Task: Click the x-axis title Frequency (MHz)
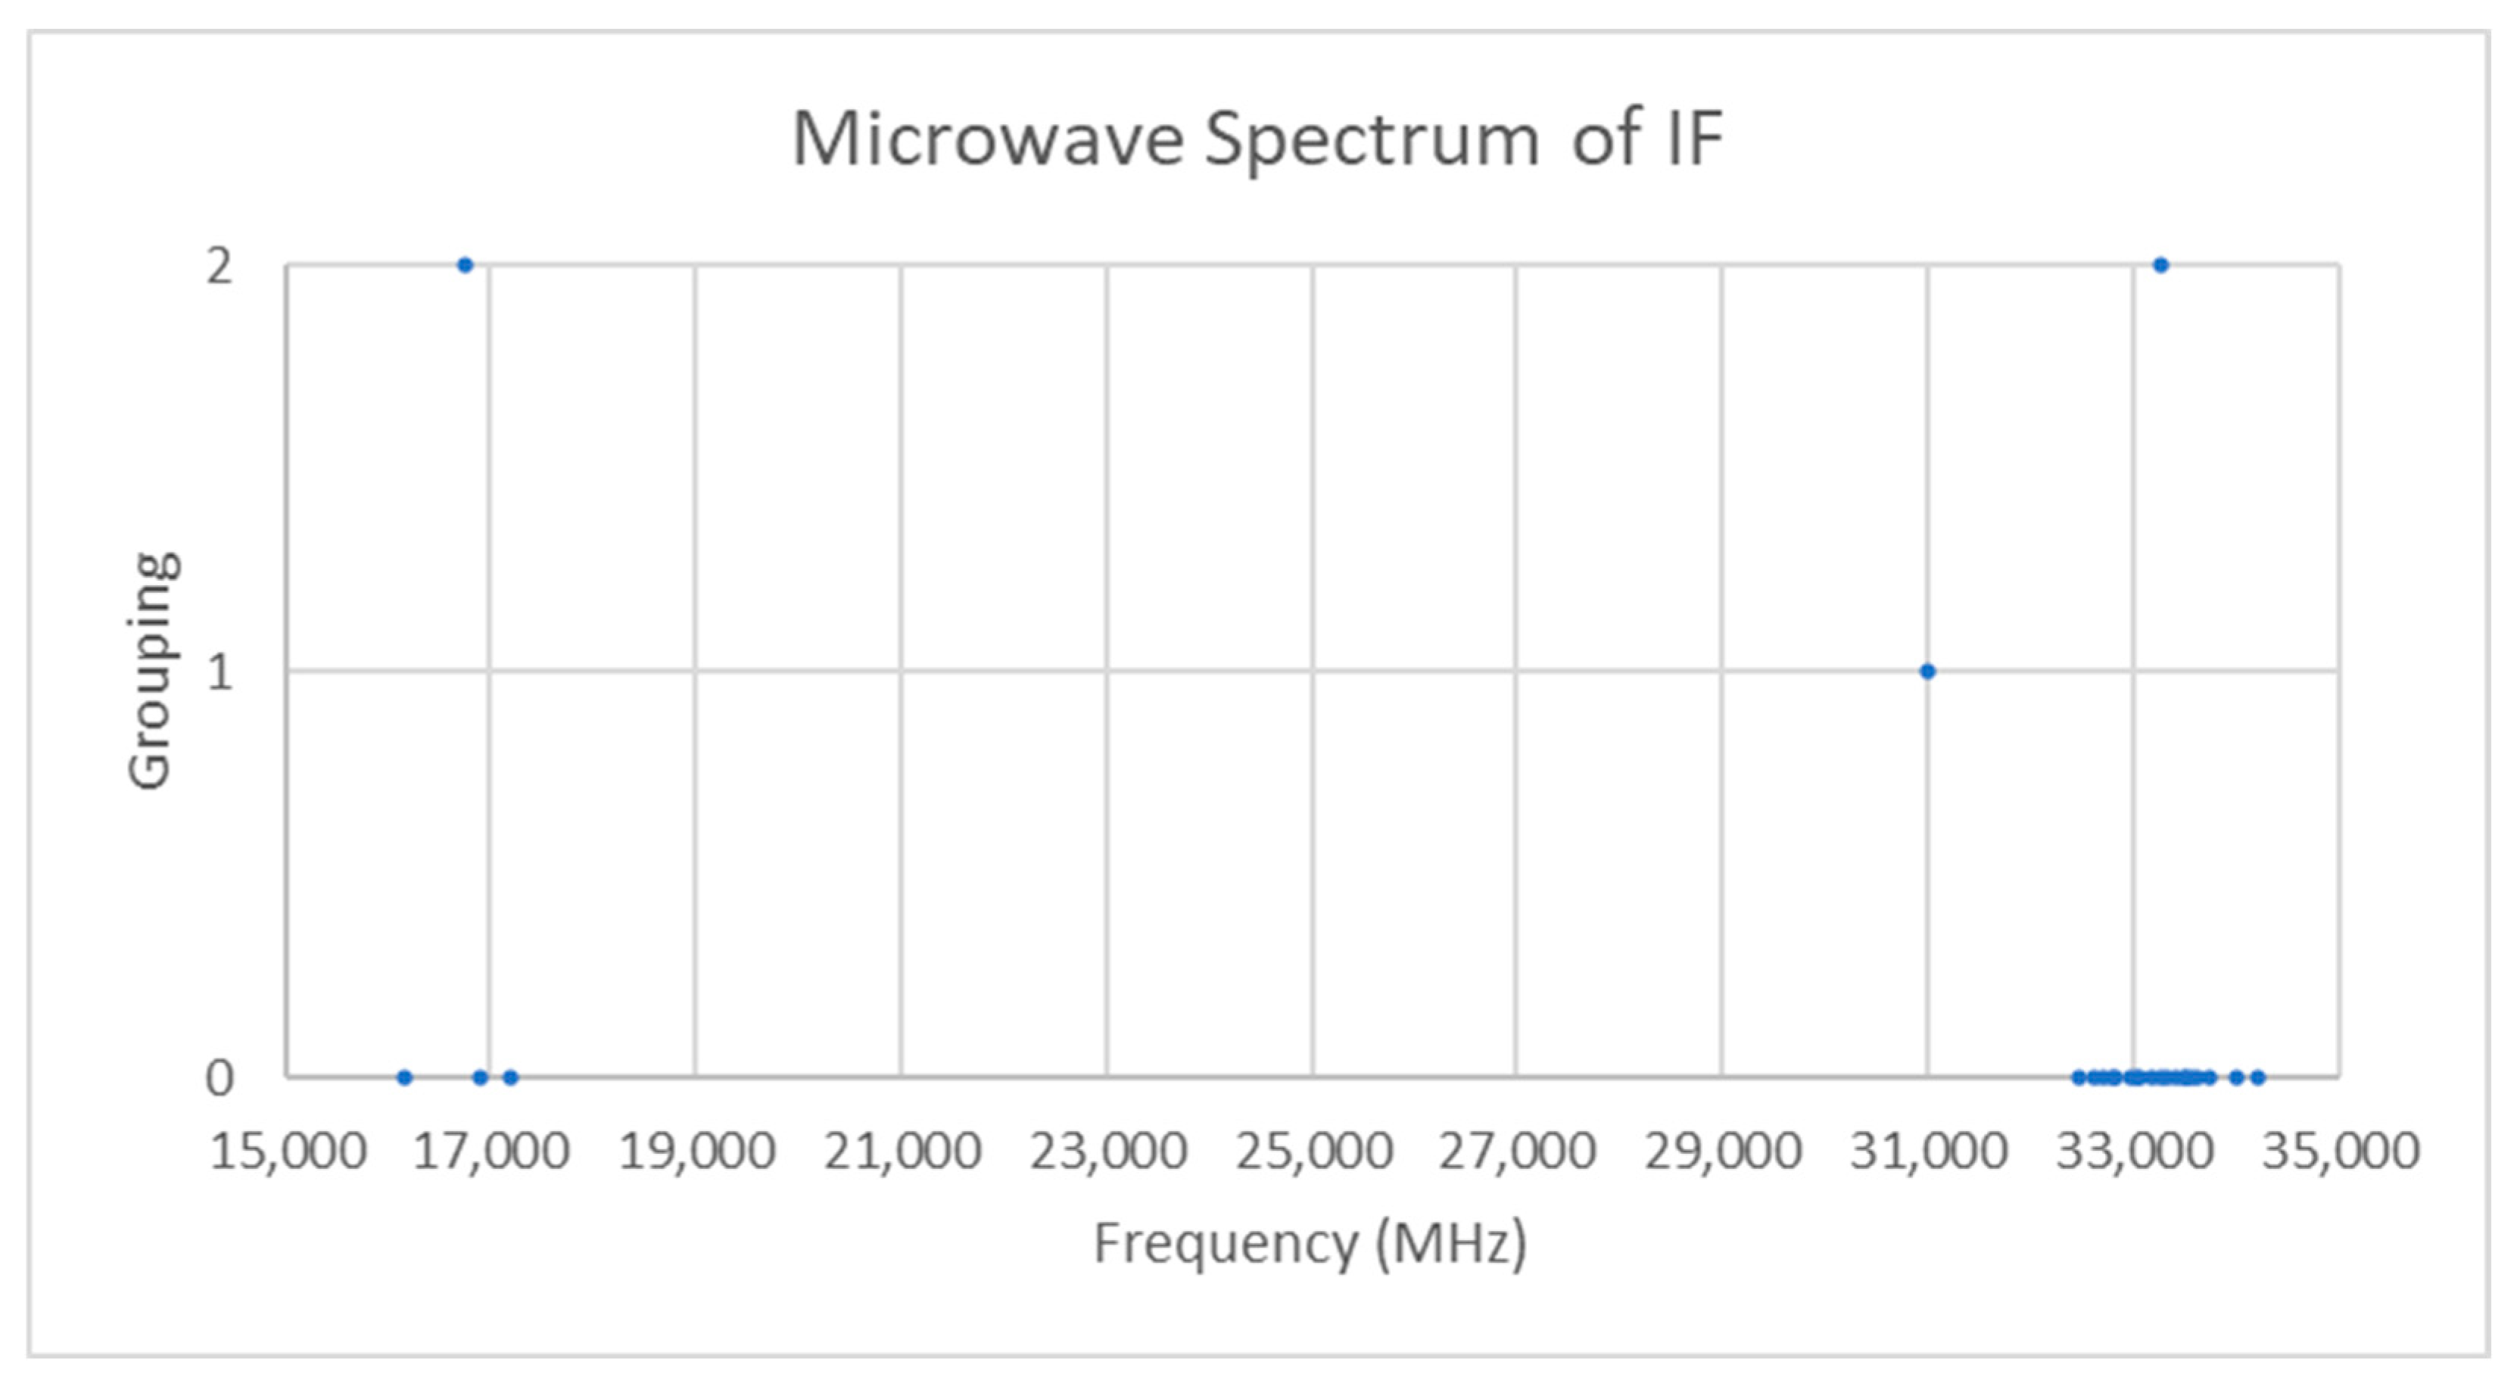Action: click(x=1310, y=1244)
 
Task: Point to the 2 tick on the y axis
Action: click(x=219, y=266)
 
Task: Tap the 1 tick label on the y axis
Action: click(x=219, y=672)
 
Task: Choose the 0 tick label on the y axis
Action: click(x=219, y=1078)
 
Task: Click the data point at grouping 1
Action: click(x=1927, y=671)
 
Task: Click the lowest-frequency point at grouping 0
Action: click(x=405, y=1078)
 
